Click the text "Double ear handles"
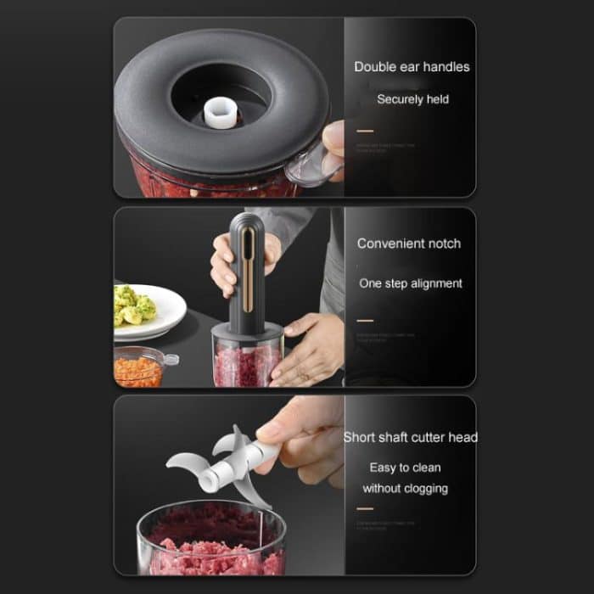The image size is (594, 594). tap(412, 67)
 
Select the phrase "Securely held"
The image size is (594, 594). tap(412, 99)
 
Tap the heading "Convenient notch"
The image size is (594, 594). tap(409, 244)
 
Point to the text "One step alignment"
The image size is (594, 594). tap(411, 283)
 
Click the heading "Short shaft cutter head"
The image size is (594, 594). tap(410, 438)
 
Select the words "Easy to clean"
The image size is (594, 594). tap(405, 468)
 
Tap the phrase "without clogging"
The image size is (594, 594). tap(405, 489)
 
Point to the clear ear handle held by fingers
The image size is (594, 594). tap(310, 165)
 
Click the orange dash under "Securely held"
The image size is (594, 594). tap(365, 132)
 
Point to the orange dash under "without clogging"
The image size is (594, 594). tap(365, 509)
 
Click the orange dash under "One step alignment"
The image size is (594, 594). tap(365, 321)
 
